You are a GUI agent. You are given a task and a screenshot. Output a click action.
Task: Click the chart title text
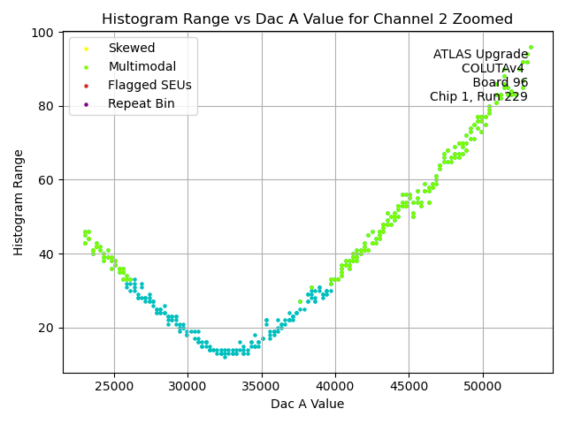pyautogui.click(x=308, y=19)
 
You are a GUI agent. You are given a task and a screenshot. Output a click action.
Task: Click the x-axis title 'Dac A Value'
pyautogui.click(x=308, y=404)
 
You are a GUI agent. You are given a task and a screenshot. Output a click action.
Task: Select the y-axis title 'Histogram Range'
pyautogui.click(x=19, y=202)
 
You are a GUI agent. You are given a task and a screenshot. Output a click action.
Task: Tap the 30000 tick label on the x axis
pyautogui.click(x=187, y=386)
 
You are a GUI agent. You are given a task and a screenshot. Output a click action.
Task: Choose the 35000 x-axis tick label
pyautogui.click(x=262, y=386)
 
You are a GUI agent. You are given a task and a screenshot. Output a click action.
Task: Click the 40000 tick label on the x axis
pyautogui.click(x=335, y=386)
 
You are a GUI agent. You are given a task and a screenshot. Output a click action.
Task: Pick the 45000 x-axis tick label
pyautogui.click(x=409, y=386)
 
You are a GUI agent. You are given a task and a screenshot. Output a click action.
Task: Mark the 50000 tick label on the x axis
pyautogui.click(x=483, y=386)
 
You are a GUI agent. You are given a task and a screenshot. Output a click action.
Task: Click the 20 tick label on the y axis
pyautogui.click(x=45, y=328)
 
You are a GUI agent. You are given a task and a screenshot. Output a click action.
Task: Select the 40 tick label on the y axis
pyautogui.click(x=45, y=254)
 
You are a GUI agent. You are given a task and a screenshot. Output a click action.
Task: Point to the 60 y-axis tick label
pyautogui.click(x=45, y=180)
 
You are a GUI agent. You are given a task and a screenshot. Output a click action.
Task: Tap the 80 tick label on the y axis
pyautogui.click(x=45, y=106)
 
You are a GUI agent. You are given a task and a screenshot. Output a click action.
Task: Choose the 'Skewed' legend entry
pyautogui.click(x=131, y=48)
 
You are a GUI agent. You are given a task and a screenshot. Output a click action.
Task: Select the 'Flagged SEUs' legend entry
pyautogui.click(x=149, y=85)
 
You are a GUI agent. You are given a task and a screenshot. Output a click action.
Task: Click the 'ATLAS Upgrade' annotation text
pyautogui.click(x=480, y=55)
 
